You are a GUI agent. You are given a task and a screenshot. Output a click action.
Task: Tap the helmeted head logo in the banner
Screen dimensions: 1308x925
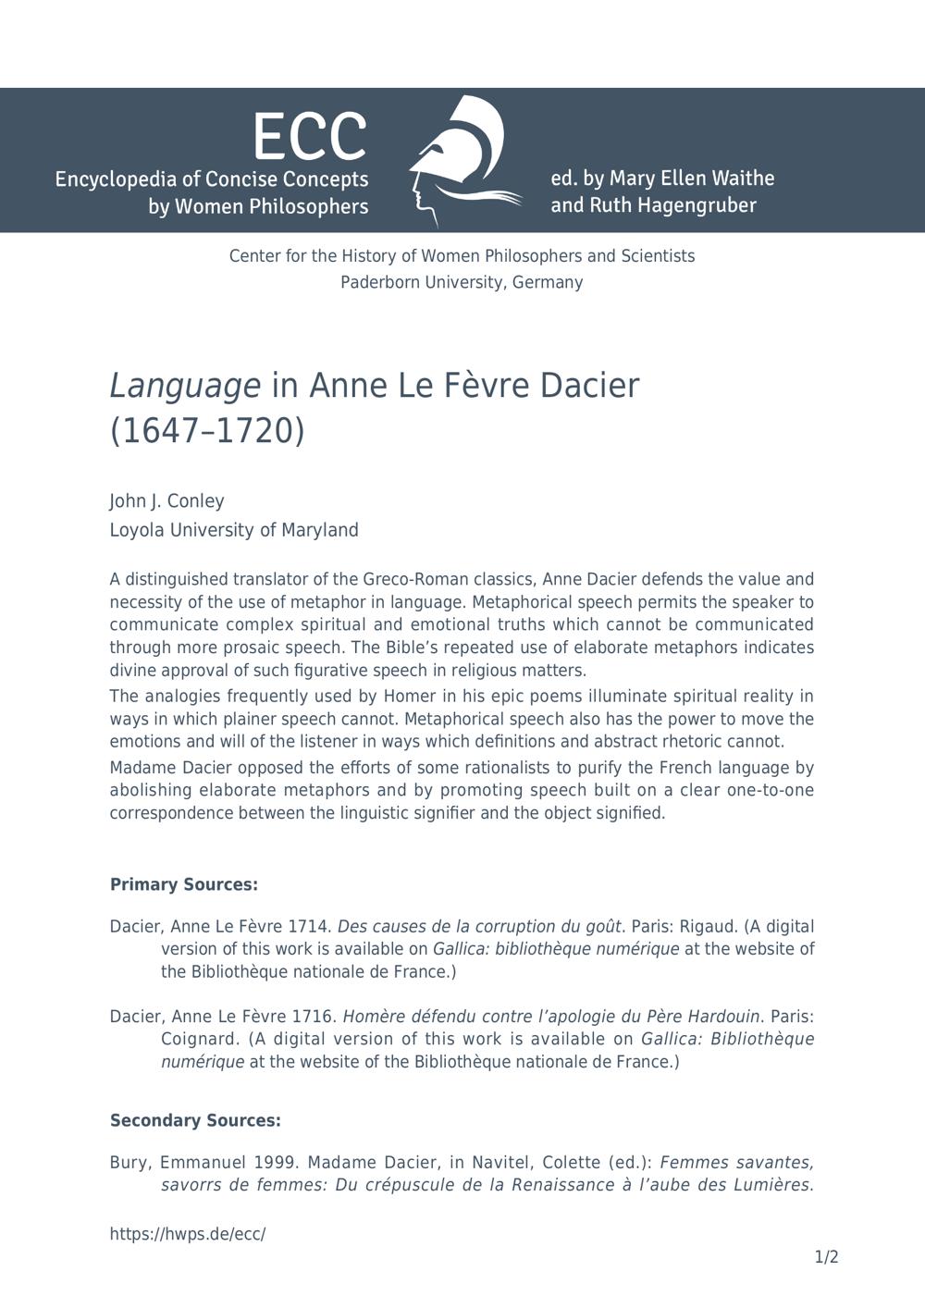[x=460, y=160]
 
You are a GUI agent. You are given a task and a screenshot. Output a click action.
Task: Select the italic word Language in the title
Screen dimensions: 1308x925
[x=185, y=386]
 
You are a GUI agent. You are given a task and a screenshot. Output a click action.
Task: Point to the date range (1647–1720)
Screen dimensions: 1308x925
[x=206, y=431]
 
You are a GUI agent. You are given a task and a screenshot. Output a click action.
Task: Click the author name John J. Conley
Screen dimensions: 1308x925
[x=166, y=501]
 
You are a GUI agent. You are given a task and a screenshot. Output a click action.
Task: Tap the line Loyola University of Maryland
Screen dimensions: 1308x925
[x=234, y=530]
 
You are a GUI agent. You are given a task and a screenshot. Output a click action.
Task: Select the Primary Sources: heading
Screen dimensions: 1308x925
[x=183, y=885]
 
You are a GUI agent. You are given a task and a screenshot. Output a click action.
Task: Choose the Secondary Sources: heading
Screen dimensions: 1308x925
[x=195, y=1121]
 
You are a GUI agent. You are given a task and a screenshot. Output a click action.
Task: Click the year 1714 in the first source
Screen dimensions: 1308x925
[x=310, y=927]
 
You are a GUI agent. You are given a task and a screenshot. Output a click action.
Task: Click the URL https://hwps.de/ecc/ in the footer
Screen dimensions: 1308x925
[x=188, y=1234]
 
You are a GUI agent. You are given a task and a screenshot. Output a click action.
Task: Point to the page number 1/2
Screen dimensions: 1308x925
[x=826, y=1257]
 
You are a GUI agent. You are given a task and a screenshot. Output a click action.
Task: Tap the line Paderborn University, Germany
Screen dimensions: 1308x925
[x=462, y=282]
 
